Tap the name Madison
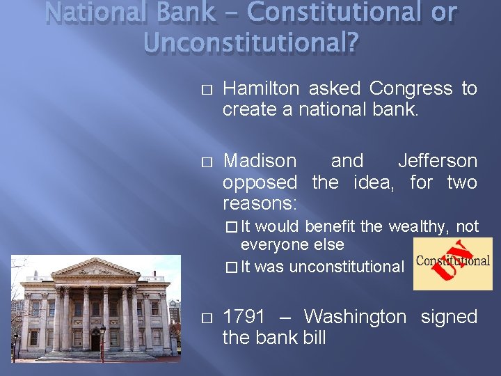click(x=259, y=161)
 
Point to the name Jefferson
click(x=437, y=161)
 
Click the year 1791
click(x=244, y=317)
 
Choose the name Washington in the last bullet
click(x=355, y=317)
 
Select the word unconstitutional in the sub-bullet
click(x=346, y=267)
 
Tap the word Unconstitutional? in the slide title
click(x=251, y=43)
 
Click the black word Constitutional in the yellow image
click(x=452, y=262)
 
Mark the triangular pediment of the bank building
click(x=95, y=268)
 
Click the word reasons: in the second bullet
click(x=260, y=204)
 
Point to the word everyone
click(x=272, y=244)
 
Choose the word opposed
click(x=259, y=182)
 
